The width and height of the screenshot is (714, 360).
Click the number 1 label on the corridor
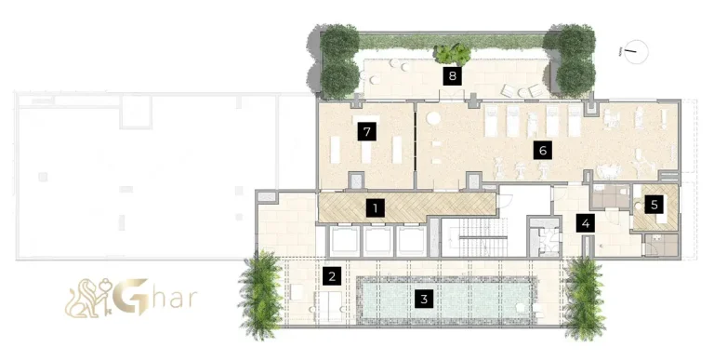click(x=375, y=207)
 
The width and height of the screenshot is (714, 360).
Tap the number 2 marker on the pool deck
click(x=331, y=275)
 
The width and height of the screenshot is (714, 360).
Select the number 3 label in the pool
click(x=425, y=299)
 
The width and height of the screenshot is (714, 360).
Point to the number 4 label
click(x=585, y=222)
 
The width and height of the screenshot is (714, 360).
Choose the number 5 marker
click(x=654, y=204)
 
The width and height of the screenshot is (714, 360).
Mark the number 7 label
click(x=368, y=132)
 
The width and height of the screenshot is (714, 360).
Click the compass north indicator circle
click(x=636, y=51)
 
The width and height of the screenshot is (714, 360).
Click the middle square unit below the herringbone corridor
click(x=378, y=241)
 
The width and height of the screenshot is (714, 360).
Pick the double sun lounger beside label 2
click(x=330, y=303)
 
